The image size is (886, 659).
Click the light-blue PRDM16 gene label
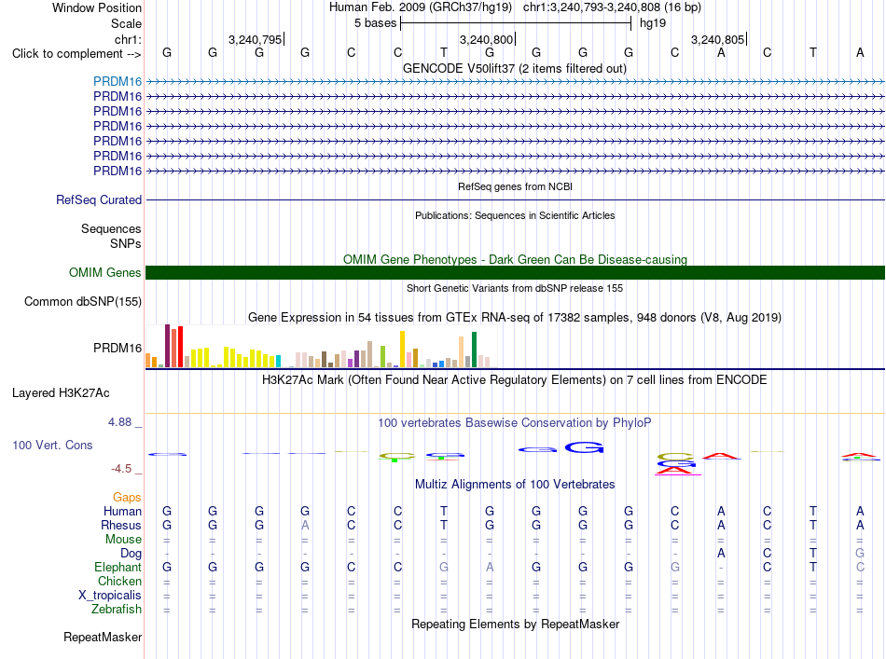(x=118, y=81)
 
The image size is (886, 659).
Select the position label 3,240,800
(x=486, y=39)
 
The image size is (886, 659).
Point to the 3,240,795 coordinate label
(x=255, y=39)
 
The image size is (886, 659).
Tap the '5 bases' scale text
(x=375, y=23)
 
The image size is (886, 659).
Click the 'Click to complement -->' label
(x=76, y=54)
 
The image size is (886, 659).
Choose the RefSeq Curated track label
(x=99, y=199)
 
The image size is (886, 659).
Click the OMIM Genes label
(x=105, y=273)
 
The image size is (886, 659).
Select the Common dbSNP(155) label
(x=82, y=302)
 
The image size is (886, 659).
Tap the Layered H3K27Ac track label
(x=61, y=393)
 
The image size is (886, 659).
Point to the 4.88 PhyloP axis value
(x=119, y=422)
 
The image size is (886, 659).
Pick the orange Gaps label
(x=127, y=498)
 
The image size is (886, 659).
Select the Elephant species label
(x=118, y=567)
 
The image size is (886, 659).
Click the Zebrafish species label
(x=117, y=610)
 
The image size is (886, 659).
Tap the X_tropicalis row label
(x=110, y=596)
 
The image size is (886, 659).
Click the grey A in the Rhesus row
(x=305, y=525)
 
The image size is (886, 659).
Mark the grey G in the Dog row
(x=860, y=554)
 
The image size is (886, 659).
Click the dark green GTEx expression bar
(x=475, y=350)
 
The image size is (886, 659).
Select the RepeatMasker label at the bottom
(x=103, y=637)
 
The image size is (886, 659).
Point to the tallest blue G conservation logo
(x=584, y=447)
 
